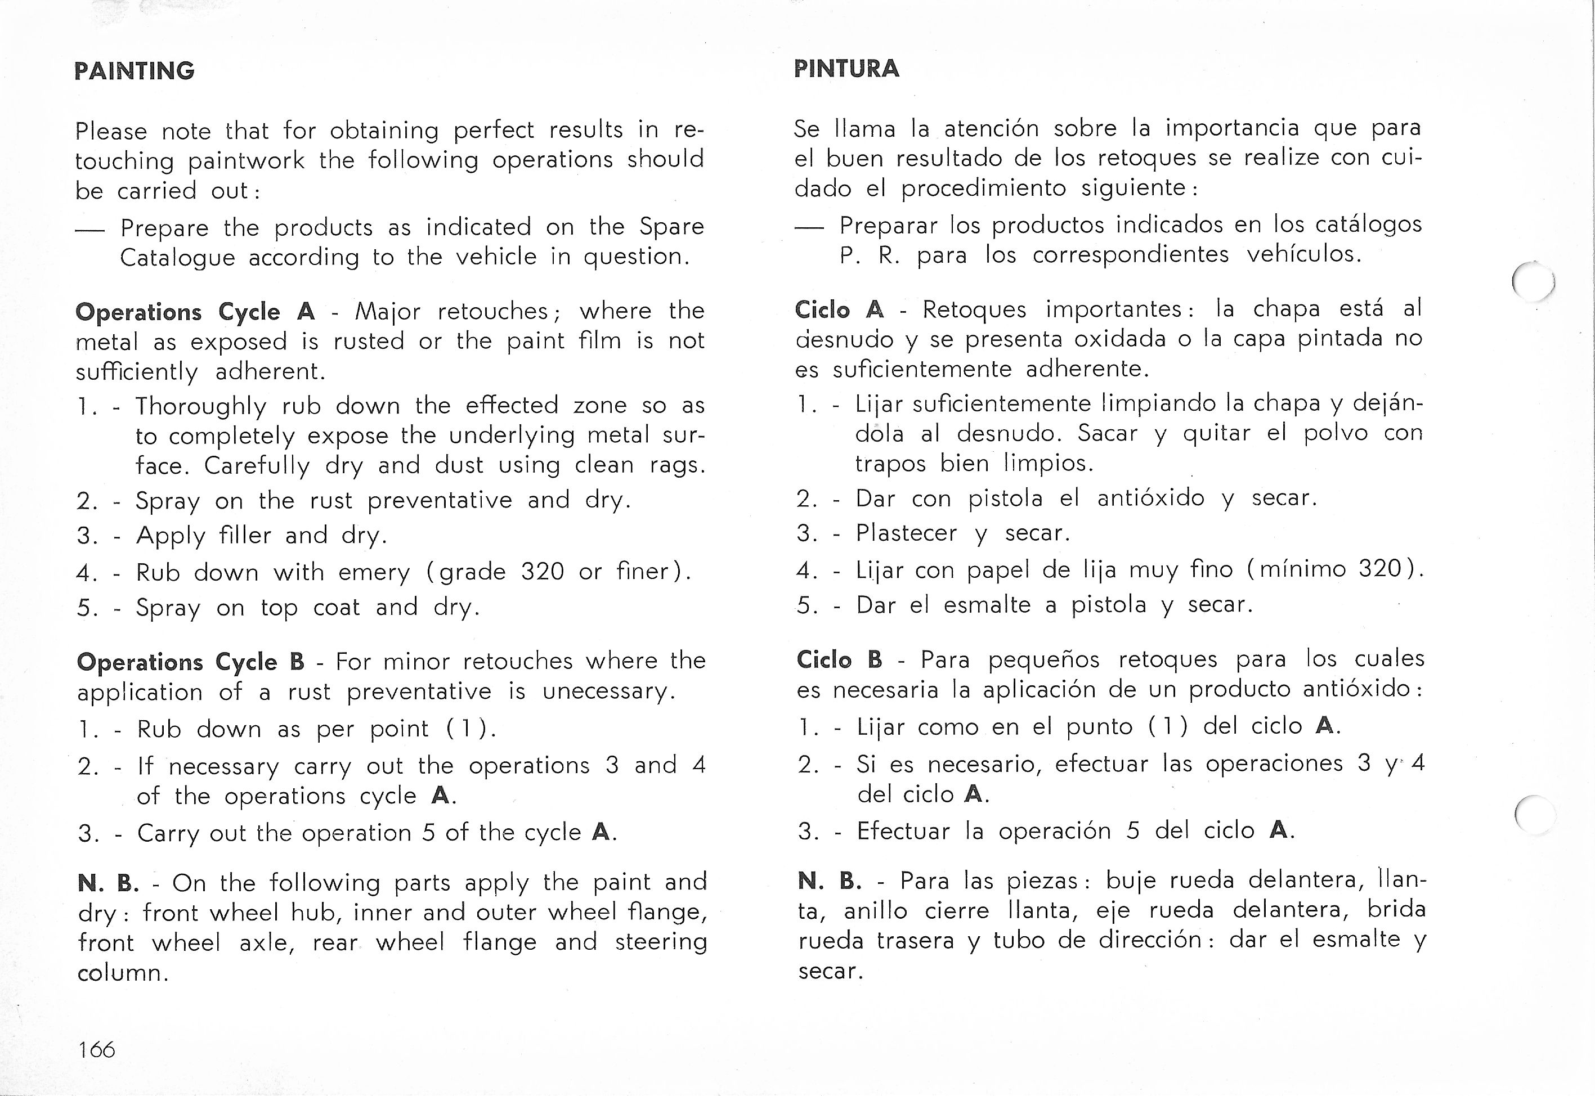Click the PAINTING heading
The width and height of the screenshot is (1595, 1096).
(x=135, y=71)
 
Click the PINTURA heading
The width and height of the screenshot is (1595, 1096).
(x=846, y=69)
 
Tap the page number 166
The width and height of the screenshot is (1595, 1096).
(x=97, y=1049)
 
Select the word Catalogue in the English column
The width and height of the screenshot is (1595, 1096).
(x=177, y=258)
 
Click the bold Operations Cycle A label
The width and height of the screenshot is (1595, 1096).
(x=195, y=312)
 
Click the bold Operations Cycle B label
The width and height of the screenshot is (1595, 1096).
(x=190, y=662)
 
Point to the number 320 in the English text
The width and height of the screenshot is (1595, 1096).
(x=542, y=571)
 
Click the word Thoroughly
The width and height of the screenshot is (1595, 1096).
(x=200, y=407)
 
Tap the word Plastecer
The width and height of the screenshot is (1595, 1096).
(x=906, y=533)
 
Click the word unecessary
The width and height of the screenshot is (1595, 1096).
(x=604, y=691)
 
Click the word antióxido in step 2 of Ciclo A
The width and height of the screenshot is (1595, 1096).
(x=1150, y=498)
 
